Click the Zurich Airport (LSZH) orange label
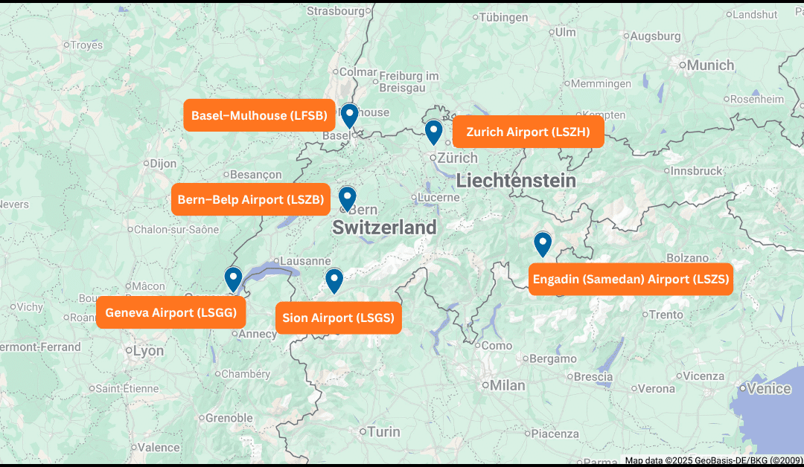pos(528,132)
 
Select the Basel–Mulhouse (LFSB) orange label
pos(259,115)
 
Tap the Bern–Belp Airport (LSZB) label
pos(250,199)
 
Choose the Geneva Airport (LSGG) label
pos(170,312)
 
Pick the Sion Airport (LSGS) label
pos(338,318)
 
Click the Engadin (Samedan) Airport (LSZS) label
pos(631,280)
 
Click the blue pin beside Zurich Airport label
pos(433,132)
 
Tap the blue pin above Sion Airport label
pos(334,280)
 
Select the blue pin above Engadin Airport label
pos(543,243)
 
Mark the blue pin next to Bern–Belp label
pos(347,198)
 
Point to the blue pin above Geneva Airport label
pos(233,278)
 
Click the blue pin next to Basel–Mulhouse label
pos(348,115)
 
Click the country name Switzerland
pos(384,228)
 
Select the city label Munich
pos(709,65)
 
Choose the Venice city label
pos(768,388)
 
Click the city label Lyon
pos(148,351)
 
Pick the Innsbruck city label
pos(696,171)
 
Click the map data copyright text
pos(713,460)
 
